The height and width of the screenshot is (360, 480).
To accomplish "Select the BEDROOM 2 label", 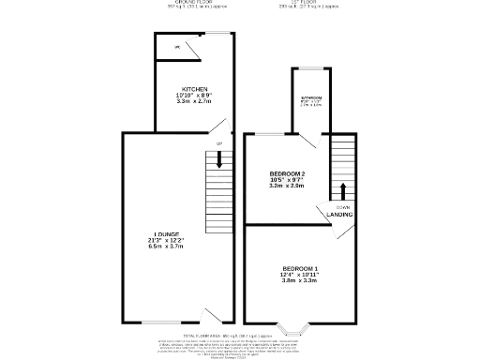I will click(x=287, y=174).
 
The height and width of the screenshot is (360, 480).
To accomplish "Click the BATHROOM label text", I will click(x=310, y=97).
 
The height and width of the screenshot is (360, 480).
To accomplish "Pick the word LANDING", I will click(x=339, y=215).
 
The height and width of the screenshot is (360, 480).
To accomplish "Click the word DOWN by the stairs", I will click(x=343, y=206).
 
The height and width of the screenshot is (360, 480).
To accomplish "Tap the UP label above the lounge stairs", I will click(x=219, y=142).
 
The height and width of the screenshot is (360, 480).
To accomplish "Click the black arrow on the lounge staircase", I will click(x=219, y=160).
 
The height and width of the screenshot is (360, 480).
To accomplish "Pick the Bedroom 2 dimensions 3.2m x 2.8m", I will click(x=287, y=186).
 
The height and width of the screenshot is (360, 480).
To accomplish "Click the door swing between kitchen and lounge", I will click(x=217, y=126).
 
